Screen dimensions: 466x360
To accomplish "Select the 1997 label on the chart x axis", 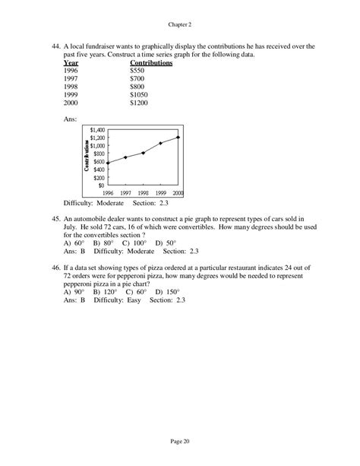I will click(131, 193).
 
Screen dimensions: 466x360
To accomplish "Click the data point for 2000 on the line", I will click(178, 138).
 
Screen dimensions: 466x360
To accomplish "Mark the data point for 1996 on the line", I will click(108, 163).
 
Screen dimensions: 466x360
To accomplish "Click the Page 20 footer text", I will click(179, 440).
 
